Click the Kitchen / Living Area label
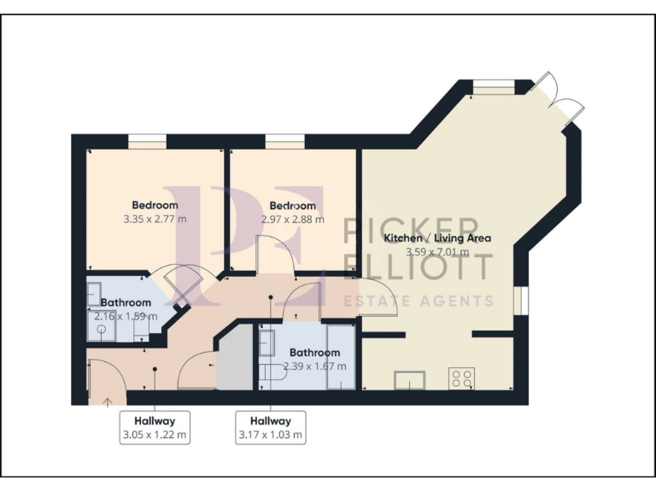437,238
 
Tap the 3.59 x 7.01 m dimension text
437,252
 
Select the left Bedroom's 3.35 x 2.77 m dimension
155,220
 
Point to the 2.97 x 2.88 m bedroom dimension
293,220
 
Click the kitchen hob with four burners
462,377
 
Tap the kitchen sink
409,379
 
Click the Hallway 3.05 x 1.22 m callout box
155,427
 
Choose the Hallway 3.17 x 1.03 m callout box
271,427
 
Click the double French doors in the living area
557,97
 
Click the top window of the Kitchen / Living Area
495,84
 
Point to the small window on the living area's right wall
524,300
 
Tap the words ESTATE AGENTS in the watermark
419,301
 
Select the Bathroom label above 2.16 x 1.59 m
126,302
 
